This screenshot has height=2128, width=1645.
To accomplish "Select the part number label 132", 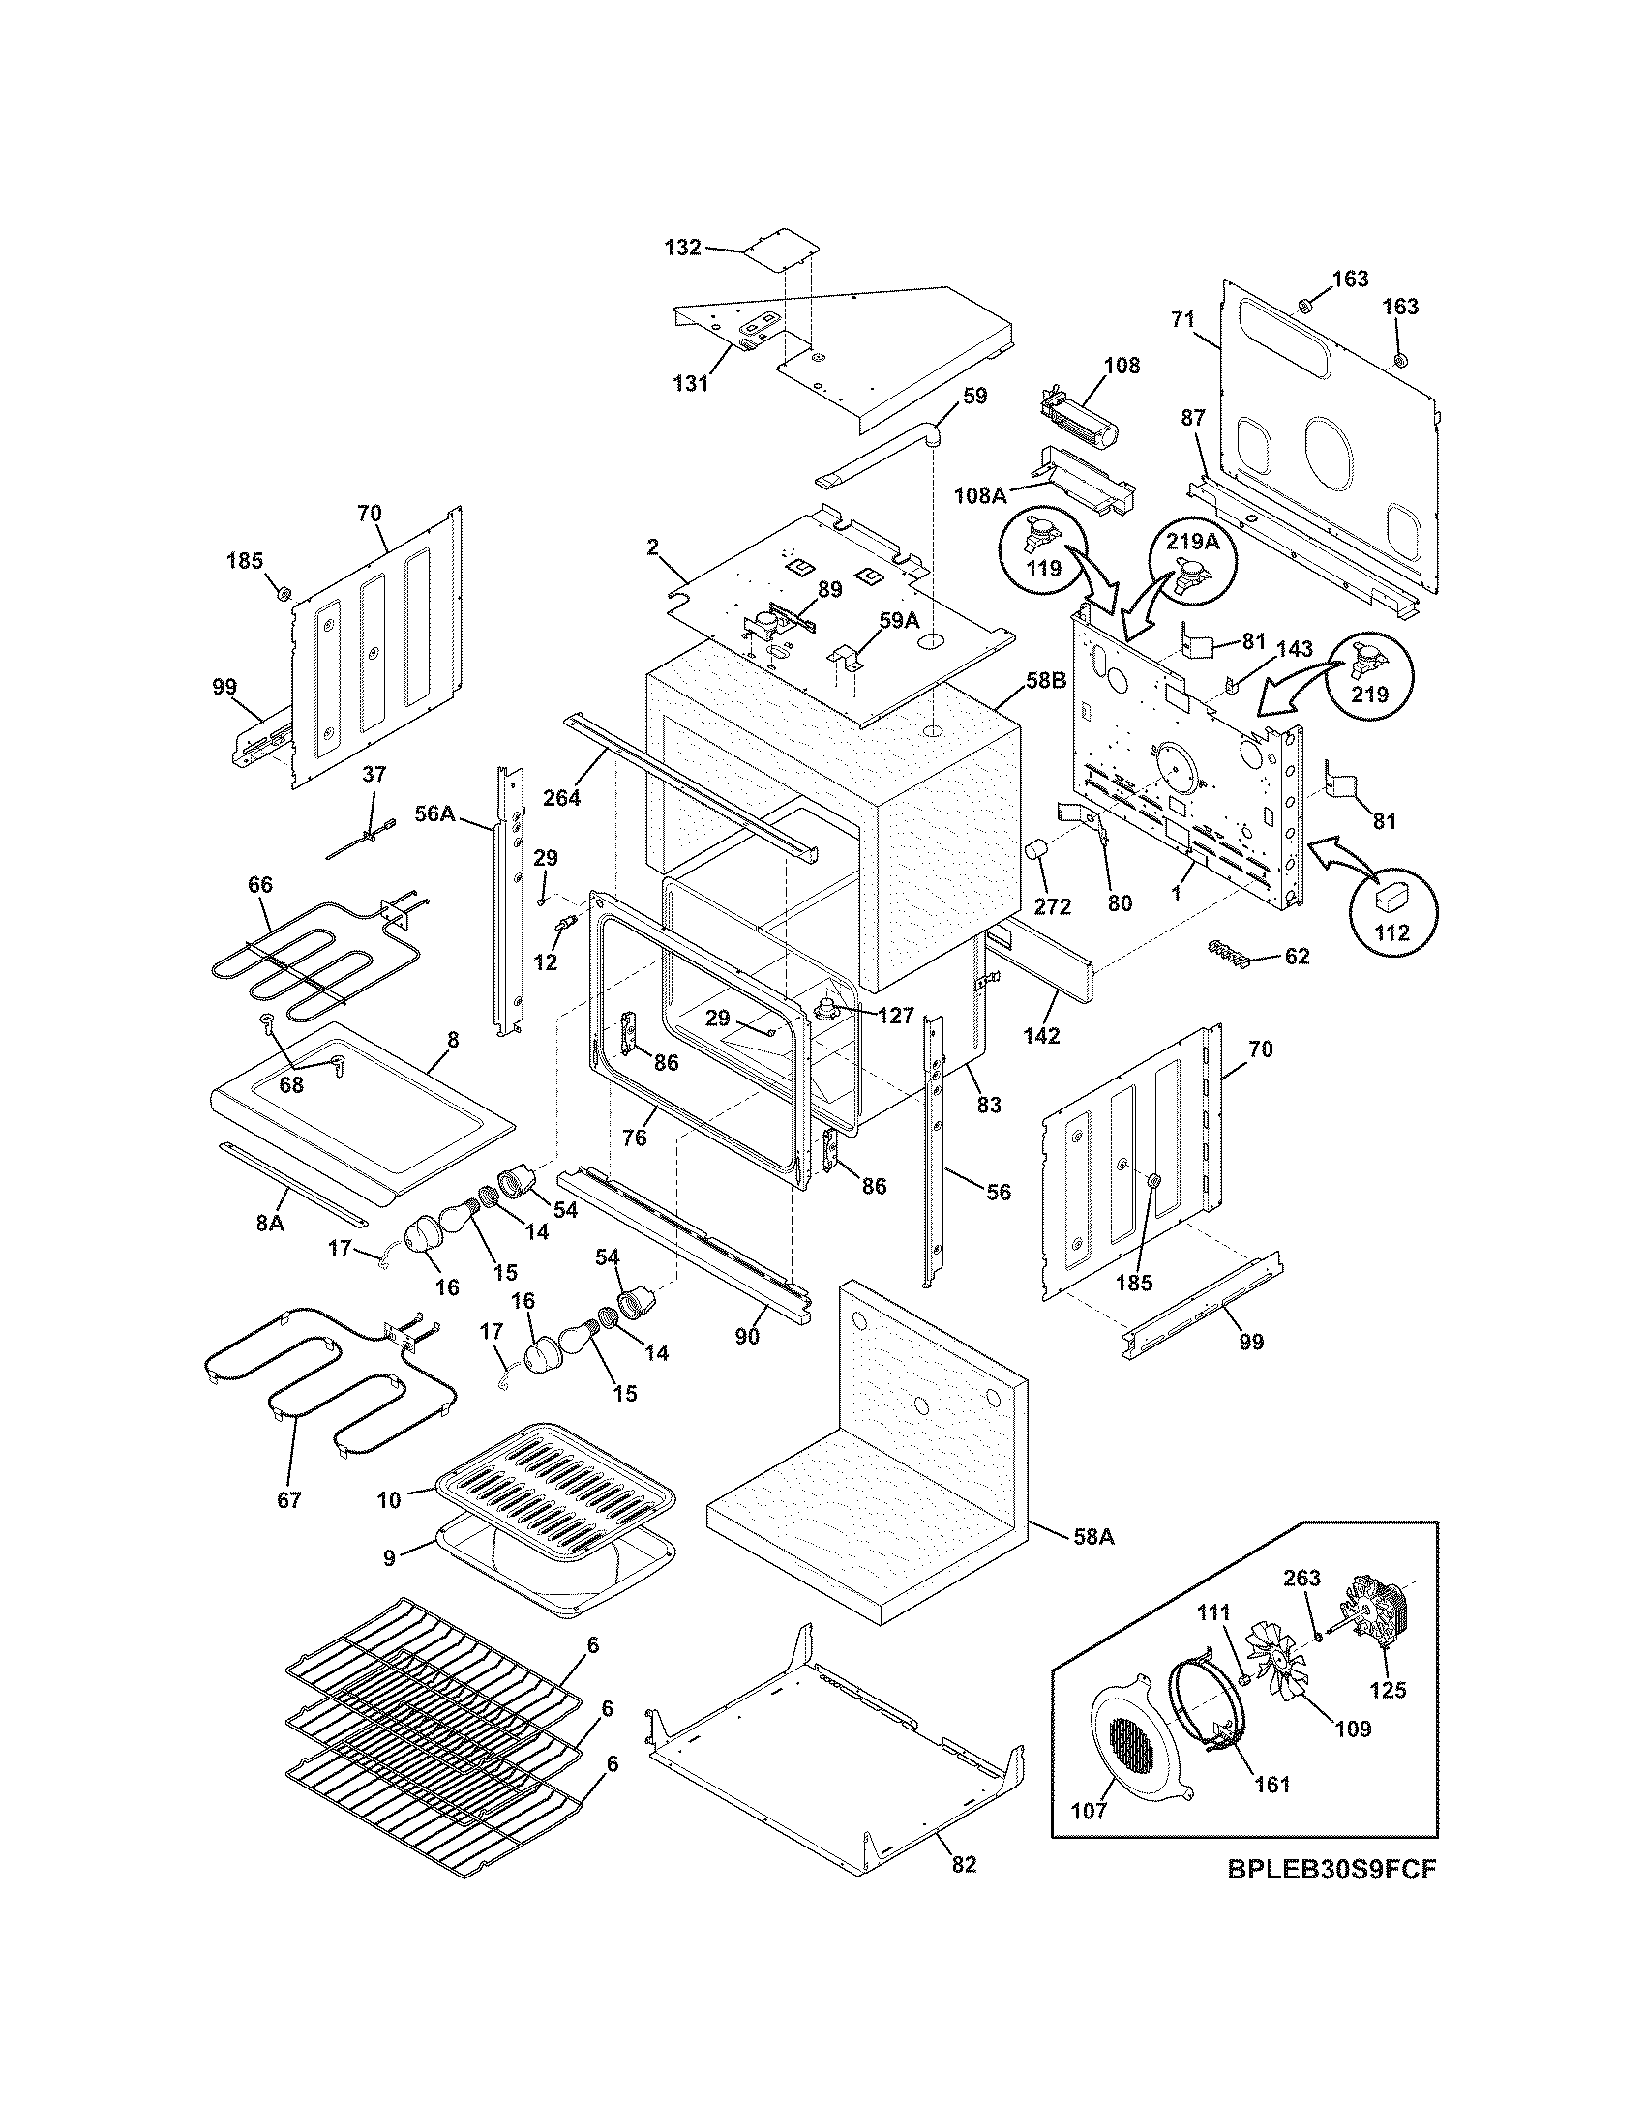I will pyautogui.click(x=682, y=248).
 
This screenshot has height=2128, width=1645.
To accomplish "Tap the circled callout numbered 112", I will pyautogui.click(x=1391, y=909).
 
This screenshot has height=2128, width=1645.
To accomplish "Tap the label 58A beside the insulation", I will pyautogui.click(x=1092, y=1538).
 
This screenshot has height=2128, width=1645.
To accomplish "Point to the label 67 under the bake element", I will pyautogui.click(x=289, y=1500).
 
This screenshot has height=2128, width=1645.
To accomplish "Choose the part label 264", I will pyautogui.click(x=561, y=797).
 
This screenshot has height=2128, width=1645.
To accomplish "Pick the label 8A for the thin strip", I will pyautogui.click(x=270, y=1223).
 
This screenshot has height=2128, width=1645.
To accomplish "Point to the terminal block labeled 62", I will pyautogui.click(x=1231, y=952).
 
